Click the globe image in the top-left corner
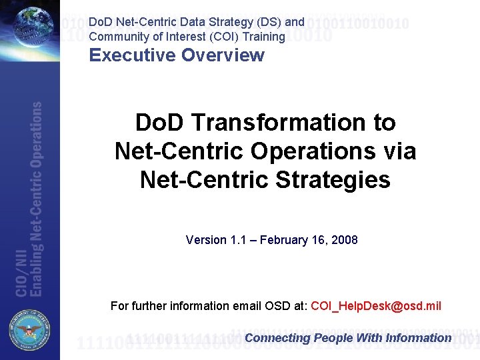30,27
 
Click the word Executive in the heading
127,55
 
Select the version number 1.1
237,239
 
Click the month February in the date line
281,239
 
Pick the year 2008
345,239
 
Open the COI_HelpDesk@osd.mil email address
376,306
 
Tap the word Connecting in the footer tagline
277,338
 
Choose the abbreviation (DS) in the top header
267,22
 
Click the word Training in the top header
265,37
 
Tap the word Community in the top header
118,37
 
